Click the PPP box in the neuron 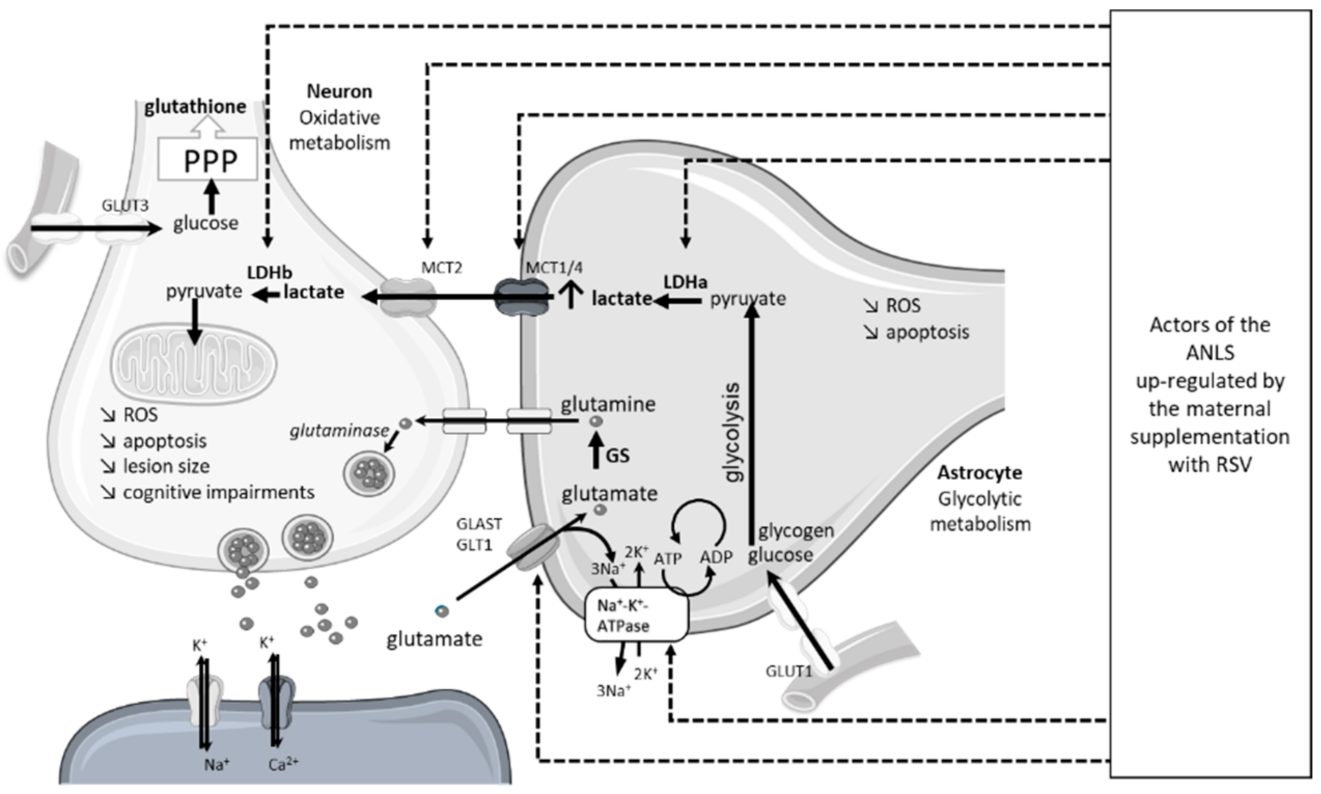click(x=208, y=159)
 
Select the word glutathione click(x=195, y=107)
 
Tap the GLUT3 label click(x=125, y=206)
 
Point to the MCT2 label click(x=441, y=267)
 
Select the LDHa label click(x=685, y=282)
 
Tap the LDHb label click(x=270, y=272)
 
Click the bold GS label click(x=618, y=455)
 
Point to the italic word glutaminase click(x=339, y=431)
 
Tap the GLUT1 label click(x=788, y=671)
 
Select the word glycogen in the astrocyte click(x=796, y=530)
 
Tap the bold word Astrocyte click(x=979, y=472)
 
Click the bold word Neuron click(x=339, y=91)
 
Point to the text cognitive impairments click(x=218, y=492)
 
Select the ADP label click(x=715, y=557)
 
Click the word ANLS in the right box click(x=1210, y=352)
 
